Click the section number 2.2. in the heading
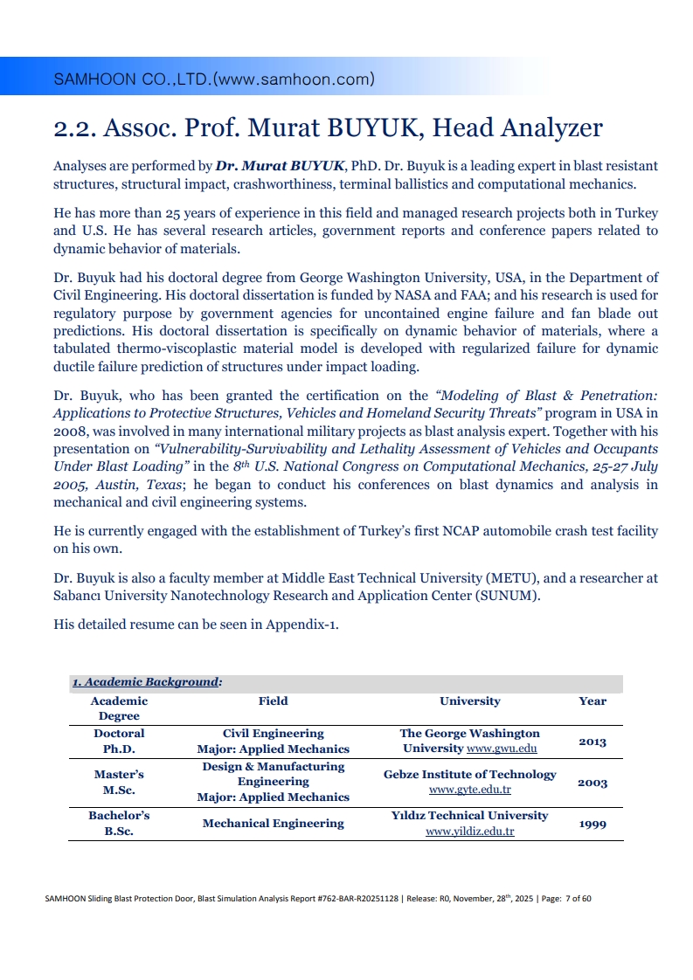point(73,128)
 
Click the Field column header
point(274,700)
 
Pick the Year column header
point(593,700)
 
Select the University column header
point(470,700)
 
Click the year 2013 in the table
point(593,742)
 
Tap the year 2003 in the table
point(593,783)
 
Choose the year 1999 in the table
point(593,824)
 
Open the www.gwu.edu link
point(502,749)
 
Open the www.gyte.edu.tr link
point(470,790)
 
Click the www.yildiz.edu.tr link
point(470,832)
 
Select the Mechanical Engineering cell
point(274,824)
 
